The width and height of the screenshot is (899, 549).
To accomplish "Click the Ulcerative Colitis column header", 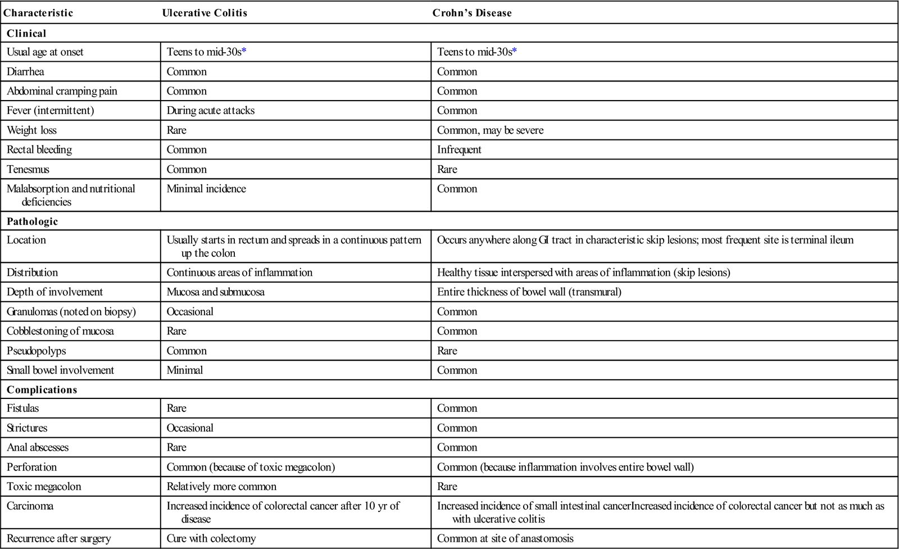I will click(205, 13).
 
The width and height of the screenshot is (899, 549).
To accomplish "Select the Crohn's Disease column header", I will click(472, 13).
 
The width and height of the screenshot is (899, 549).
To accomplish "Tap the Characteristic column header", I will click(38, 13).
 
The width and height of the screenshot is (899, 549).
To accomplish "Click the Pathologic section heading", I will click(32, 221).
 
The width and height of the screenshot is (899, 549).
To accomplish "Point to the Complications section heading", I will click(42, 389).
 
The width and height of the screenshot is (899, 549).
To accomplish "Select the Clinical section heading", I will click(26, 33).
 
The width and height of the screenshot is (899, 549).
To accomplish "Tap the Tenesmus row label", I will click(28, 169).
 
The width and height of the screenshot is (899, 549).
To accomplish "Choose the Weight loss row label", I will click(31, 130).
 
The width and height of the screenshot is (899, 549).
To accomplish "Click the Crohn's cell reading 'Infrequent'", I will click(459, 149).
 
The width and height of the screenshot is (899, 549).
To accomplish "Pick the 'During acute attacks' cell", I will click(211, 110).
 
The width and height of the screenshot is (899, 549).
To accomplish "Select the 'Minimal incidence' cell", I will click(206, 189).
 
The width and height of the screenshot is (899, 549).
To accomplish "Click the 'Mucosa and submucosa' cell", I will click(215, 292).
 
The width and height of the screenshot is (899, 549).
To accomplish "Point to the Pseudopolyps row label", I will click(36, 351).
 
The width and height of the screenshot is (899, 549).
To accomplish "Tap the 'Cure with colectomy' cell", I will click(212, 538).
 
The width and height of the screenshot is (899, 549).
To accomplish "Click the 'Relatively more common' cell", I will click(221, 486).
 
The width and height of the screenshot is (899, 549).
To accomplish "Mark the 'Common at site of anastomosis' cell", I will click(505, 538).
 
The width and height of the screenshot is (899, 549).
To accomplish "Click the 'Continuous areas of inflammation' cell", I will click(239, 273).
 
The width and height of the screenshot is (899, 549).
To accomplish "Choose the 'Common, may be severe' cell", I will click(490, 130).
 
